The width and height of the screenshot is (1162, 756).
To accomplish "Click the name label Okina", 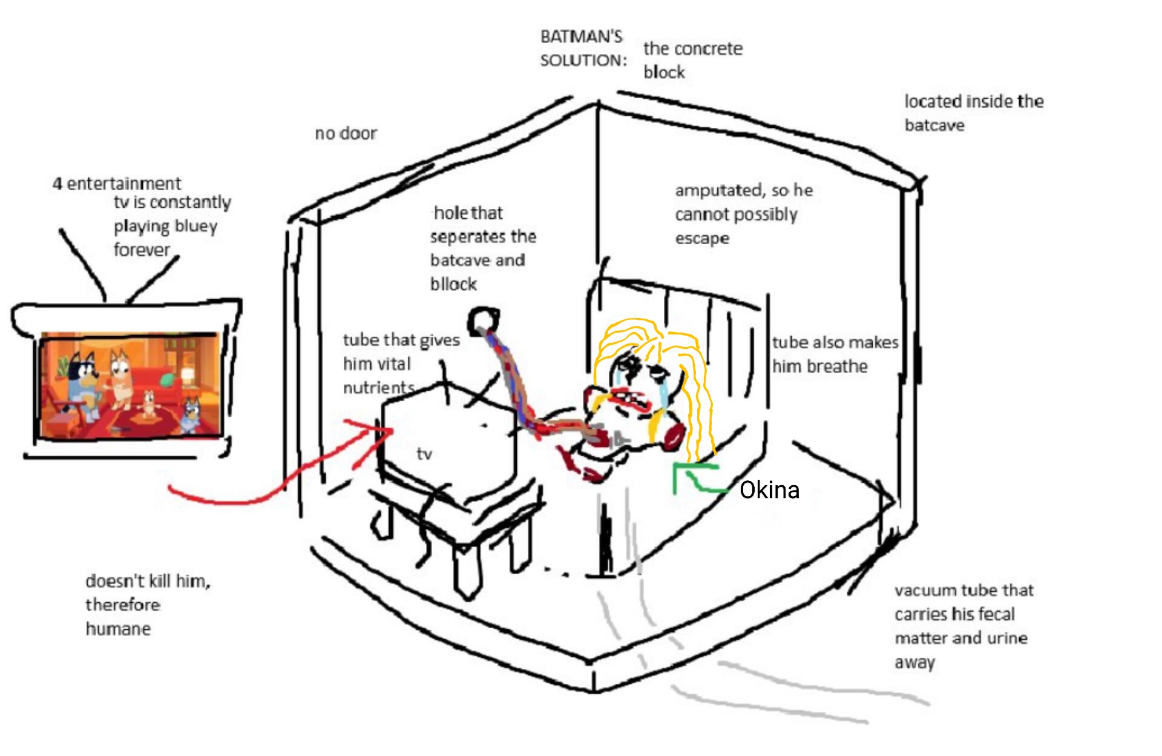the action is [769, 489].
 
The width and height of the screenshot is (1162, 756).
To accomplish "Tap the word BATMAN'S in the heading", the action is [581, 36].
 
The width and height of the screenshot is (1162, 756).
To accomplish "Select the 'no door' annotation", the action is [346, 133].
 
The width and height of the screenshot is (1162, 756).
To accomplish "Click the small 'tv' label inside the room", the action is [424, 454].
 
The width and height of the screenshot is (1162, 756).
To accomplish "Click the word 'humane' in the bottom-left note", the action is [118, 629].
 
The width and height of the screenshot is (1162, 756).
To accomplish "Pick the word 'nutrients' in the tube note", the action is [379, 388].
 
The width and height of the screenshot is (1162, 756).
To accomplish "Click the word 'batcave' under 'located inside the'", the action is [934, 125].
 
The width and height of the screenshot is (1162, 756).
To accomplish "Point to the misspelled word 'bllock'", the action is [453, 284].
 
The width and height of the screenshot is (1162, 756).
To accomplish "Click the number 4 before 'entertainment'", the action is [57, 184].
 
